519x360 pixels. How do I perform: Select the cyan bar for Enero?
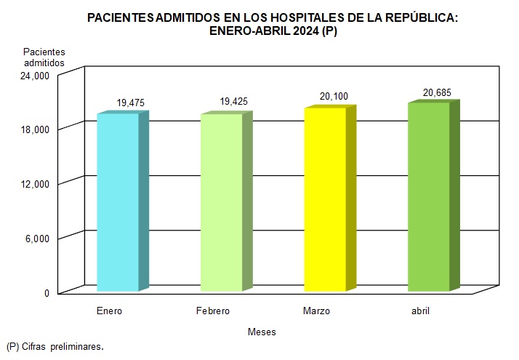(118, 202)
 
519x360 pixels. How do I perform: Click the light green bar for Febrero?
(222, 202)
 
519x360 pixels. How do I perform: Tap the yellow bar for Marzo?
(325, 199)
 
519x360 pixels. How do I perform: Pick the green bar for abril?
(429, 197)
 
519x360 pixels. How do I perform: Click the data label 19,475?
(131, 103)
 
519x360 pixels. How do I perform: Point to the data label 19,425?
(234, 103)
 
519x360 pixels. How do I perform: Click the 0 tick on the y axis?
(46, 293)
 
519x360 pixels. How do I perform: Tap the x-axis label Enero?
(109, 311)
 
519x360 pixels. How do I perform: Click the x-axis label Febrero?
(213, 311)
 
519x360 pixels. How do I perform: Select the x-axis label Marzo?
(316, 311)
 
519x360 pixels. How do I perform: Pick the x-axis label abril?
(420, 311)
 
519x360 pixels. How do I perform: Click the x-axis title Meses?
(262, 332)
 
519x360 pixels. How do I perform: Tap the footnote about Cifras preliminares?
(55, 346)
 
